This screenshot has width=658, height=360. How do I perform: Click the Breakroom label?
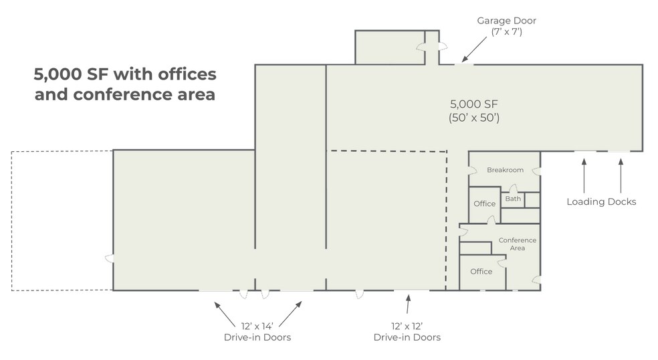(505, 170)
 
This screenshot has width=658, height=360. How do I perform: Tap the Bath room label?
(513, 199)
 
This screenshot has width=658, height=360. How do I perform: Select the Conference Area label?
(518, 244)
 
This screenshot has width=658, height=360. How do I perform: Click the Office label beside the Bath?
(484, 203)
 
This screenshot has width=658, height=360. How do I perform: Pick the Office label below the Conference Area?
(481, 272)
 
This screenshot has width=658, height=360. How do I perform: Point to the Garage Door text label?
(506, 21)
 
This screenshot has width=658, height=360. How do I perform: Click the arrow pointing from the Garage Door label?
(474, 49)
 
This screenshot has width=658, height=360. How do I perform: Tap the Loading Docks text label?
(601, 201)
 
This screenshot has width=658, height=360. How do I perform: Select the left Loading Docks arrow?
(584, 175)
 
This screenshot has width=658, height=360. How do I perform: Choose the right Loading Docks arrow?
(621, 175)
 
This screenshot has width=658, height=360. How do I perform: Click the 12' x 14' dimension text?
(257, 326)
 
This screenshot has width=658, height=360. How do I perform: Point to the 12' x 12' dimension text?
(407, 326)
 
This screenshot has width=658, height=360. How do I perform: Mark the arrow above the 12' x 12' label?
(407, 304)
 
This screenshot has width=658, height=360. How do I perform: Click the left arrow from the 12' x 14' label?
(225, 314)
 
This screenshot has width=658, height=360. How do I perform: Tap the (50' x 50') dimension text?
(474, 118)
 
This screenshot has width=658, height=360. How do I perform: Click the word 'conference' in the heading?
(123, 94)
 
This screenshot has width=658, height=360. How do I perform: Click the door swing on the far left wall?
(109, 258)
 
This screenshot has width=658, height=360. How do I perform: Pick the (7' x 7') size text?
(506, 31)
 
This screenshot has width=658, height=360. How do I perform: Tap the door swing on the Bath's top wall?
(513, 189)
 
